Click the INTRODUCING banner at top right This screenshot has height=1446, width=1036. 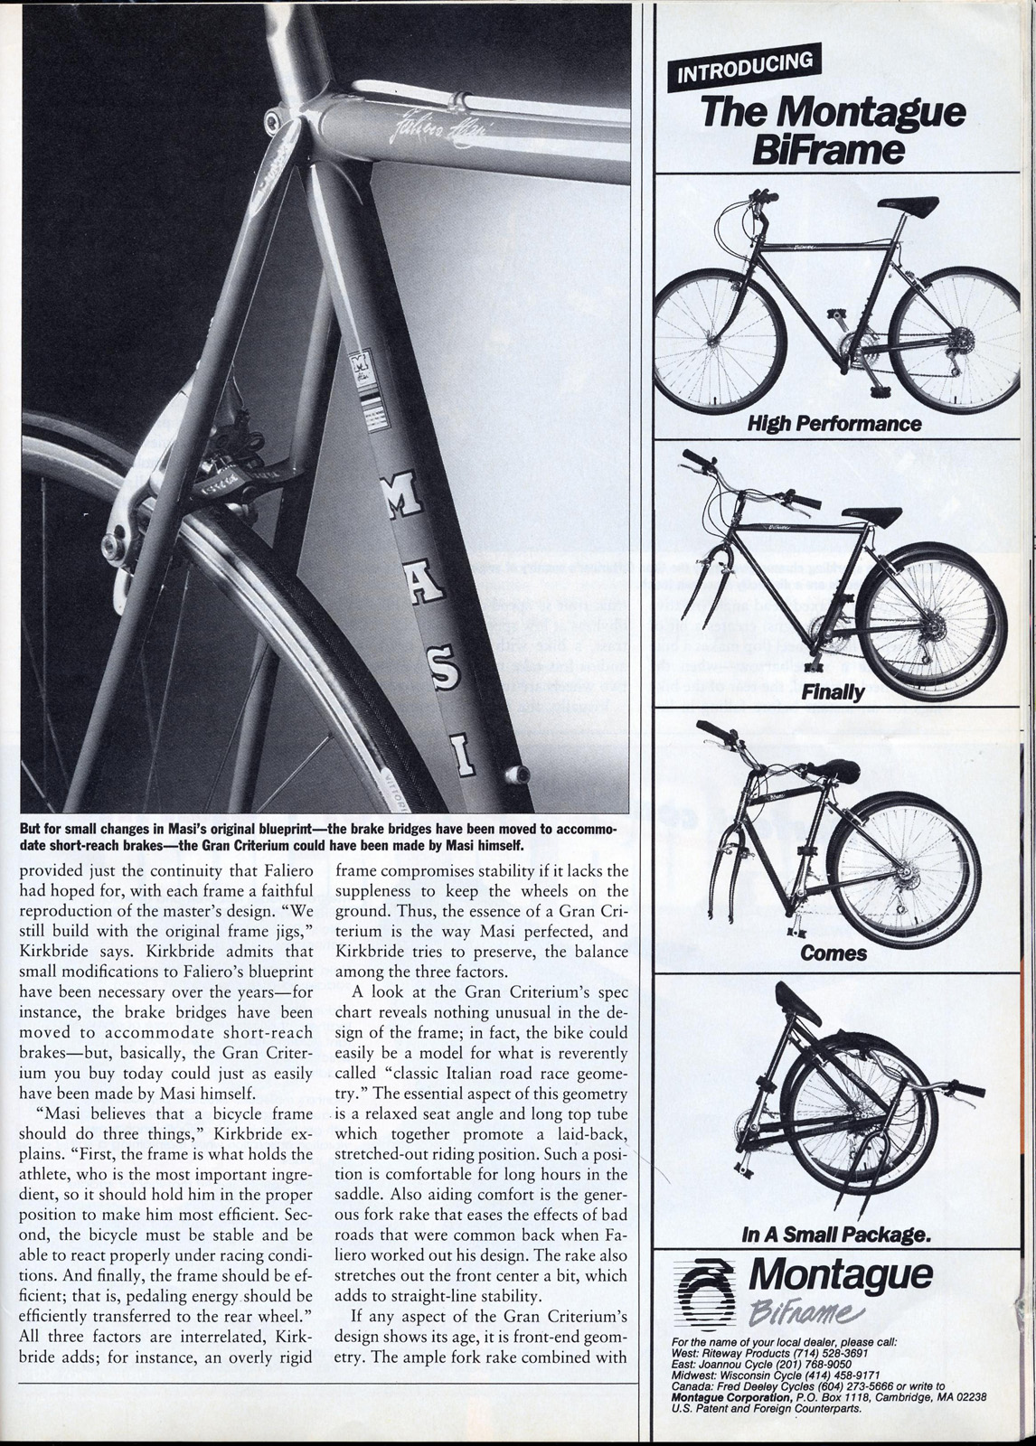point(747,69)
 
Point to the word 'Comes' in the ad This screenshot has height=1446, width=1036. point(833,953)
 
